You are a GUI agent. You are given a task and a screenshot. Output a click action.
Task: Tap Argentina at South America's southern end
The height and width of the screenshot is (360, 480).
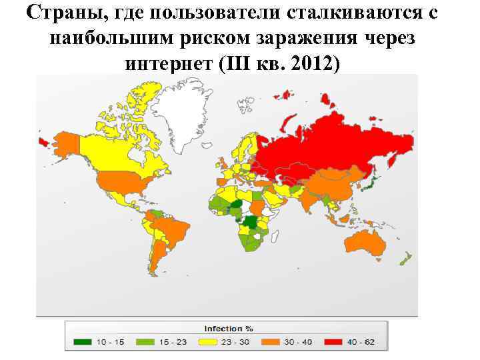pyautogui.click(x=157, y=260)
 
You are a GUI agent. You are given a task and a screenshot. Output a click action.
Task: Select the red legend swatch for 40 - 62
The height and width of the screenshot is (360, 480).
pyautogui.click(x=335, y=342)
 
